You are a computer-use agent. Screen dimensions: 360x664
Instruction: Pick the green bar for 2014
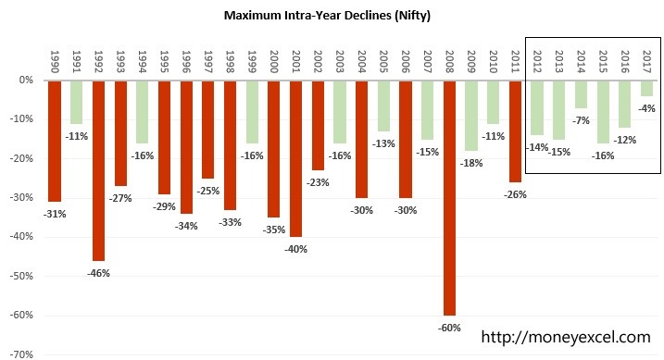tap(581, 94)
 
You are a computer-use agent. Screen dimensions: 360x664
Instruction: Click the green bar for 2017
tap(646, 89)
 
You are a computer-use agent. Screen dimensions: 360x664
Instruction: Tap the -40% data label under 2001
tap(296, 248)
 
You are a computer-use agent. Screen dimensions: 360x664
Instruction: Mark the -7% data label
tap(581, 120)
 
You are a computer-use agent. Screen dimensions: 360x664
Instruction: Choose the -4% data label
tap(646, 108)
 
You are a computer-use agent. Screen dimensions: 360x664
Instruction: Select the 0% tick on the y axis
tap(25, 81)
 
